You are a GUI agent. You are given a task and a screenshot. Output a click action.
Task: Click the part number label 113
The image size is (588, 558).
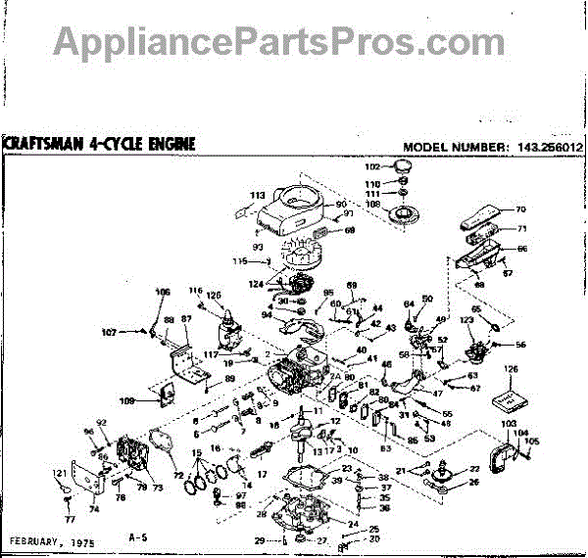point(258,195)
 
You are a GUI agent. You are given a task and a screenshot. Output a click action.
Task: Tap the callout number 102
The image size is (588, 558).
point(385,166)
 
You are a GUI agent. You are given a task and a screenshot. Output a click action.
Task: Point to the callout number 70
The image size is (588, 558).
point(520,209)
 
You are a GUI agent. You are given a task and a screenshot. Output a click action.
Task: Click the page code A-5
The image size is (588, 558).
point(137,538)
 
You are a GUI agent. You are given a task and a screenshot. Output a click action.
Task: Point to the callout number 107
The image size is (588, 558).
point(134,332)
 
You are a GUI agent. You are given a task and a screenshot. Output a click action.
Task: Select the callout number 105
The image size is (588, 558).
point(534,442)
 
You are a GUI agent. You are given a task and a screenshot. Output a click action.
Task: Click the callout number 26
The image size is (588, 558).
point(475,482)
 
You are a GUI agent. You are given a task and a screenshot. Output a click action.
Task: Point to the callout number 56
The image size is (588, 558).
point(520,345)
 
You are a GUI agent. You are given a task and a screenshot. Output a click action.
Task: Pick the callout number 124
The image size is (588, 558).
point(256,285)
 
